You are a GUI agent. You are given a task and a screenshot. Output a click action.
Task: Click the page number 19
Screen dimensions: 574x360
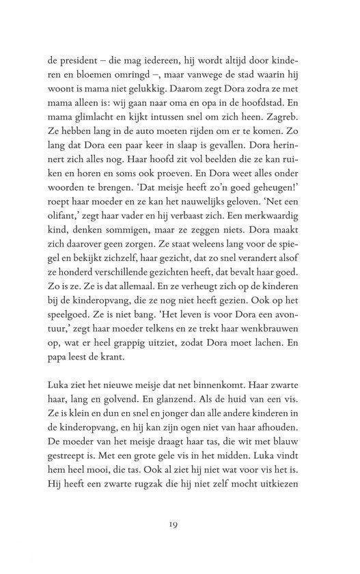point(180,523)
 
